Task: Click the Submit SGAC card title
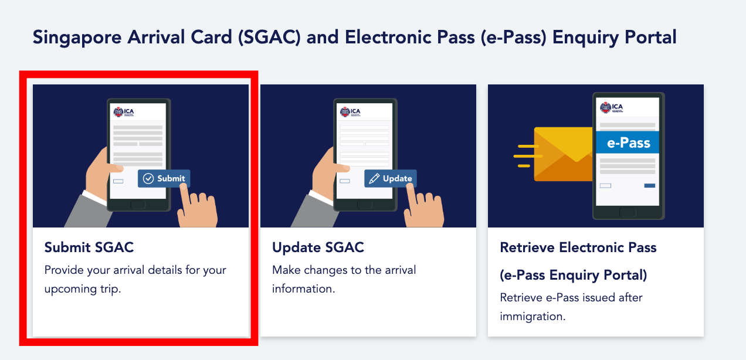89,247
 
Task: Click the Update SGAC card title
318,247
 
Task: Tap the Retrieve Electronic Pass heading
578,247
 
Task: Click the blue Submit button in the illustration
164,178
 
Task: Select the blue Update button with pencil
391,178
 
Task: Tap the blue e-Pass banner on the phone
628,142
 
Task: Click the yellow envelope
563,154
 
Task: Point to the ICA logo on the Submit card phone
124,112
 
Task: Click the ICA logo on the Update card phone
350,112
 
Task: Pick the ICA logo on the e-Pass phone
612,107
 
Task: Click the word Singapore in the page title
77,38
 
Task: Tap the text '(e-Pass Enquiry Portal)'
573,276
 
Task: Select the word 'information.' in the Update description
303,288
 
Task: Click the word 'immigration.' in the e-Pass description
533,316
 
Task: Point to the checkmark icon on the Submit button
148,178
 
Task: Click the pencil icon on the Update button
374,178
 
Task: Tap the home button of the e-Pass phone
628,212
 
